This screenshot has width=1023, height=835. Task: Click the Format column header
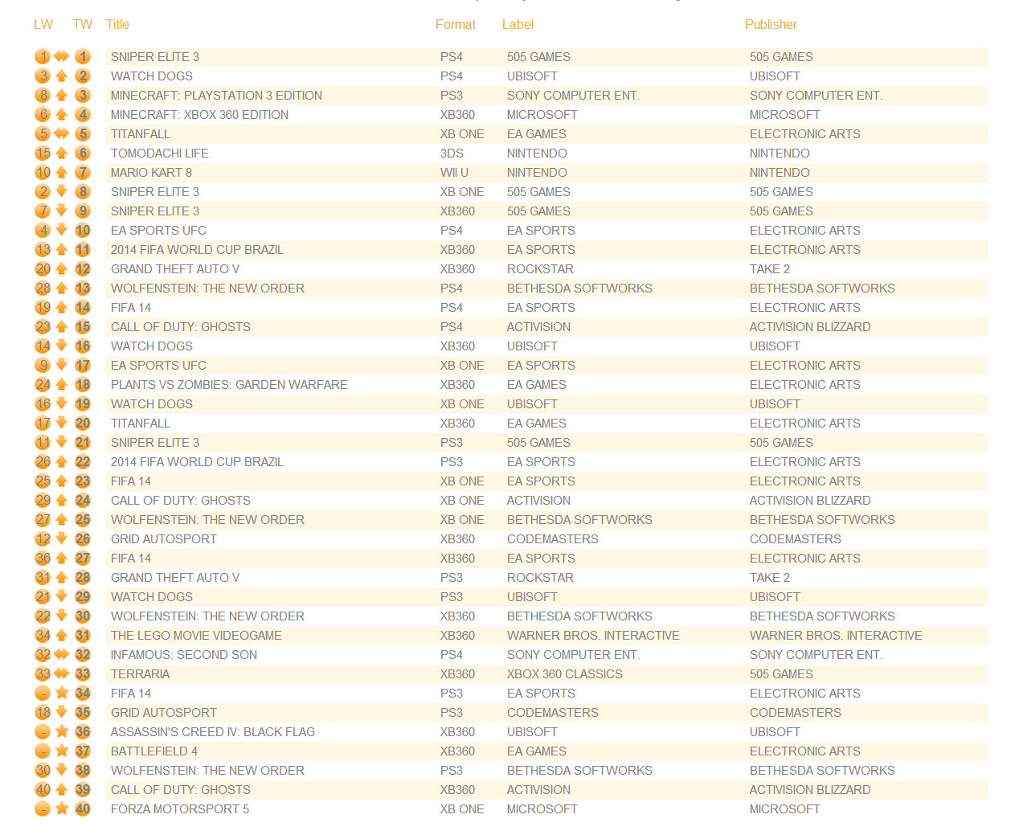pos(455,25)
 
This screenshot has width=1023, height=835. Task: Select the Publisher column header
pos(770,25)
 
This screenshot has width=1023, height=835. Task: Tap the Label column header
pos(518,25)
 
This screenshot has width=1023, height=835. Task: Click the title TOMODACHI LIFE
pos(159,153)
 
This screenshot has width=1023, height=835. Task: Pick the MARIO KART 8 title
pos(151,173)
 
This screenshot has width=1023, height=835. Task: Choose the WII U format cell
pos(454,173)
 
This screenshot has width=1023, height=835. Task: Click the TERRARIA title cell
pos(140,674)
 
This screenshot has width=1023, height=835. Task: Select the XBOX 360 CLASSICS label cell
pos(564,674)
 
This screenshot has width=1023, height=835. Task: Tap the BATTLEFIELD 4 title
pos(153,751)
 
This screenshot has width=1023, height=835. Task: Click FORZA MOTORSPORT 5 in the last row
pos(179,809)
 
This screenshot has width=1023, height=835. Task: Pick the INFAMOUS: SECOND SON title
pos(183,655)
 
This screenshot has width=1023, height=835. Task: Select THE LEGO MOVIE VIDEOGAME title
pos(196,636)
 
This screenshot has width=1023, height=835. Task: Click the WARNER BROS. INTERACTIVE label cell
pos(592,636)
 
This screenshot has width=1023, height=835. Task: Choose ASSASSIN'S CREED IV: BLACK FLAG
pos(212,732)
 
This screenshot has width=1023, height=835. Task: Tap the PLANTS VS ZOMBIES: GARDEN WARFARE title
pos(229,385)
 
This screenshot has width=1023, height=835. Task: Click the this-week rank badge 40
pos(83,809)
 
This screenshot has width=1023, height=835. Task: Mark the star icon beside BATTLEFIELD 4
pos(62,751)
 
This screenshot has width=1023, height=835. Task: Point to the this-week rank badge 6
pos(83,153)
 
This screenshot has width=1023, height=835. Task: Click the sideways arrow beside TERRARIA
pos(62,674)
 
